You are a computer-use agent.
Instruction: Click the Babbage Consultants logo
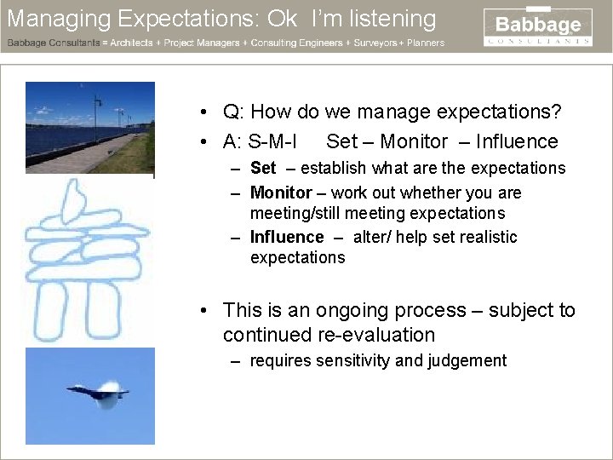[538, 27]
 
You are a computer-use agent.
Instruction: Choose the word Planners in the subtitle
[426, 43]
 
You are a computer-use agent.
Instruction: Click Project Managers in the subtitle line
[208, 43]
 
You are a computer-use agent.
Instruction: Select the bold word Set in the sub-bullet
[263, 168]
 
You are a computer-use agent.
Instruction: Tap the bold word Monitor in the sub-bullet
[281, 193]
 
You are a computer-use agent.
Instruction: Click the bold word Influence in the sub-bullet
[287, 237]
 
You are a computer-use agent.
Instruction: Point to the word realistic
[486, 237]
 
